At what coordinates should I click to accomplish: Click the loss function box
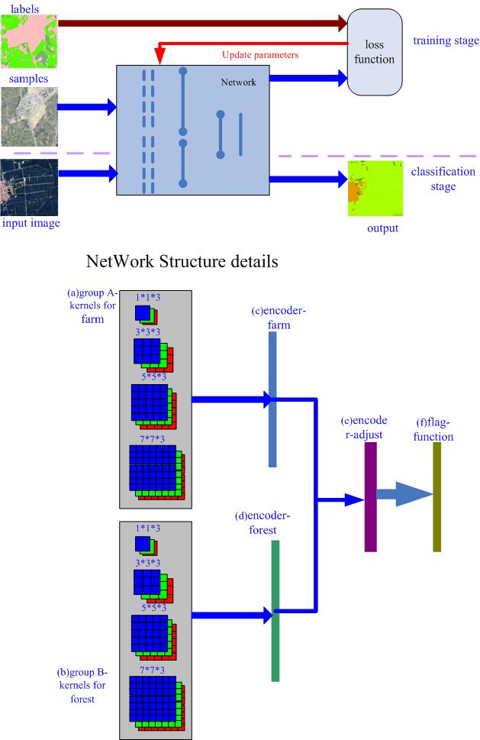click(374, 52)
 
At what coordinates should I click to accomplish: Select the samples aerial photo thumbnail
click(29, 116)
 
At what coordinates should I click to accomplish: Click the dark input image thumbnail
click(29, 186)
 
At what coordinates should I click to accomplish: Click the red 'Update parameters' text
click(259, 55)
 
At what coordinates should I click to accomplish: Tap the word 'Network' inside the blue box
click(237, 82)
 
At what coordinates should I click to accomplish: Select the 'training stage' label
click(446, 40)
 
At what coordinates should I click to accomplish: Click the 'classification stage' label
click(443, 179)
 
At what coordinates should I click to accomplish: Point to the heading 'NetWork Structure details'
click(182, 262)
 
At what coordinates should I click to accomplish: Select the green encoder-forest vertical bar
click(275, 610)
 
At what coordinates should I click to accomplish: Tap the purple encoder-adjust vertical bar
click(371, 496)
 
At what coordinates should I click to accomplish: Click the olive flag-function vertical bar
click(437, 496)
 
